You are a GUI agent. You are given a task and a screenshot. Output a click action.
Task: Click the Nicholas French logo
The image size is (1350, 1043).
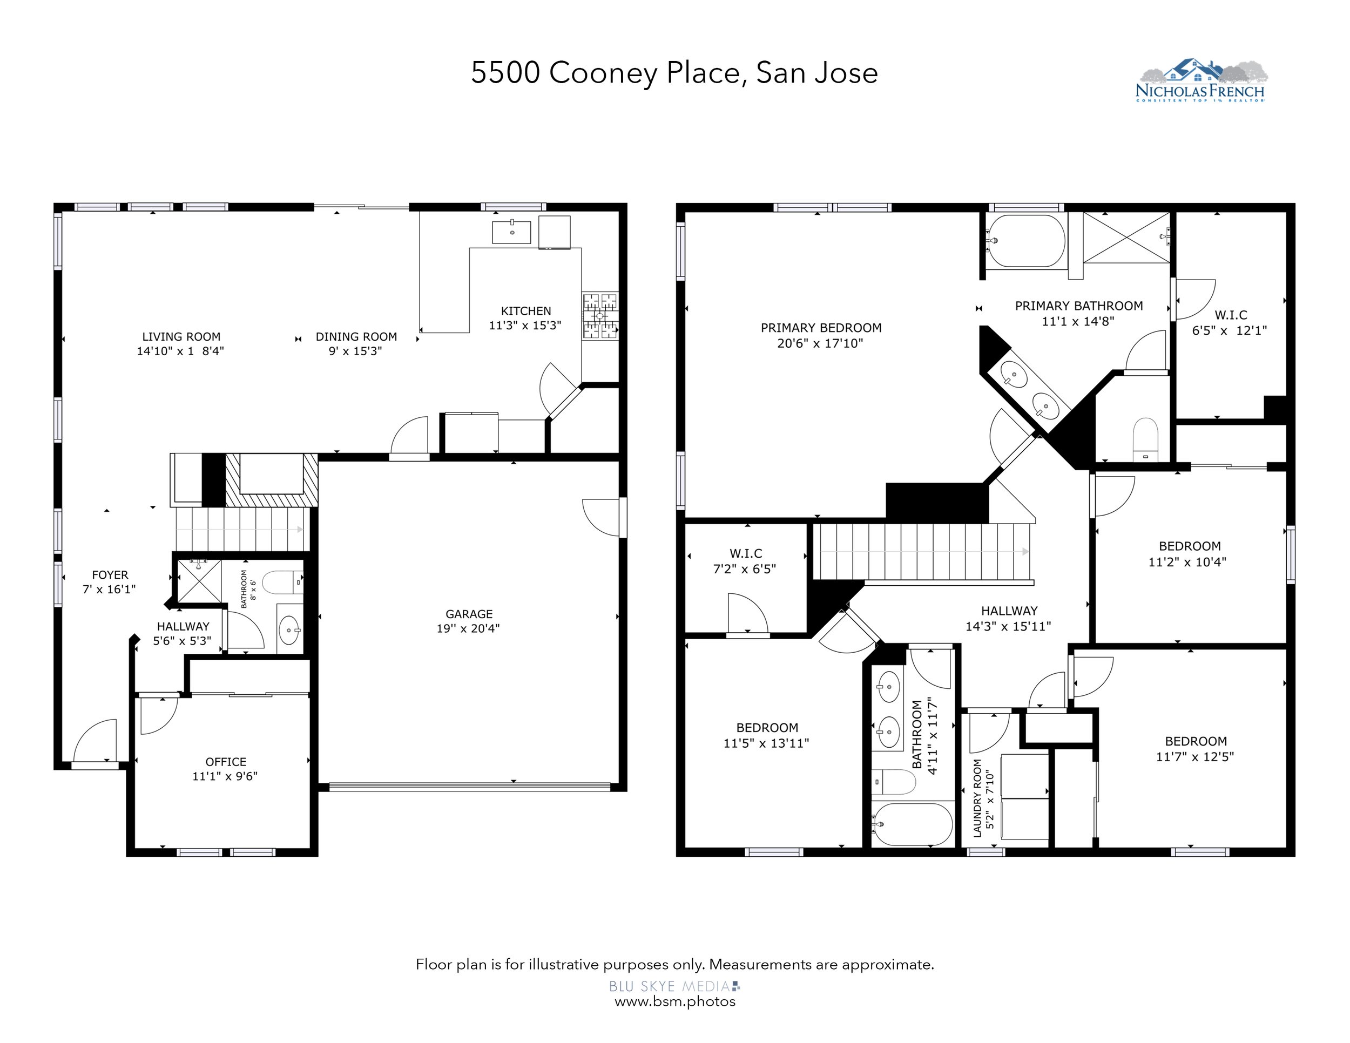pyautogui.click(x=1200, y=80)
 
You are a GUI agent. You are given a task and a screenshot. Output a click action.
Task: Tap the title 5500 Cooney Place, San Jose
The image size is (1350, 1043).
pyautogui.click(x=674, y=73)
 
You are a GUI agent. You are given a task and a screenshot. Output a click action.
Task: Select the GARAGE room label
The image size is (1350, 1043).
pyautogui.click(x=469, y=614)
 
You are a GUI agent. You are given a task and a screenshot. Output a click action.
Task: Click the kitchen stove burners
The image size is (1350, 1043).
pyautogui.click(x=599, y=316)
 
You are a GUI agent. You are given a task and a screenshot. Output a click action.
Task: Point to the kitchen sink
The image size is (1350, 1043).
pyautogui.click(x=512, y=232)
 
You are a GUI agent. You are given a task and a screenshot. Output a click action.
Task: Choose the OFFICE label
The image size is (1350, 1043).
pyautogui.click(x=226, y=762)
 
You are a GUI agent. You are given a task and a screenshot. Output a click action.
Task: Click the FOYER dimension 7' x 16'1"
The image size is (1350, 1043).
pyautogui.click(x=110, y=590)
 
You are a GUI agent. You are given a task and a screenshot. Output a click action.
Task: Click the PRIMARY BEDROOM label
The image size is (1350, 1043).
pyautogui.click(x=821, y=328)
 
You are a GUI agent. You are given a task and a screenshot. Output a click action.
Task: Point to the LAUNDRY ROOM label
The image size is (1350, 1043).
pyautogui.click(x=977, y=798)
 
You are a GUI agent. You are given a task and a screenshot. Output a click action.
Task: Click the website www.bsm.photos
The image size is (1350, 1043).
pyautogui.click(x=675, y=1001)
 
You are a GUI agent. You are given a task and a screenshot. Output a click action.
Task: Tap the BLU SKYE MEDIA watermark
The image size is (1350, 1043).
pyautogui.click(x=674, y=986)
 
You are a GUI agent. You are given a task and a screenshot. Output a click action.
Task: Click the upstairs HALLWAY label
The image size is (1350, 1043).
pyautogui.click(x=1009, y=611)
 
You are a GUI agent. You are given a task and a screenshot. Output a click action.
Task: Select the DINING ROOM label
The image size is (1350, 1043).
pyautogui.click(x=356, y=337)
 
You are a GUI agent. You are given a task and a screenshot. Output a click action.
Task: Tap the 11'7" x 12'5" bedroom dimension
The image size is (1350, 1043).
pyautogui.click(x=1195, y=757)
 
